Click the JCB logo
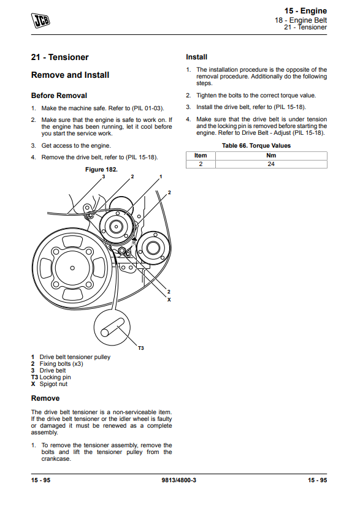40,20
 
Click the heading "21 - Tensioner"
59,58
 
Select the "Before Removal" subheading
59,96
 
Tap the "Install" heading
196,57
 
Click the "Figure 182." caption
101,170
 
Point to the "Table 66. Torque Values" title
256,146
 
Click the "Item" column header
201,156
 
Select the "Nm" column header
271,156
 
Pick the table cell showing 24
271,164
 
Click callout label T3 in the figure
141,349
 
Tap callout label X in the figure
169,300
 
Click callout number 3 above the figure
104,176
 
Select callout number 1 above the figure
161,176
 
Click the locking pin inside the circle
112,328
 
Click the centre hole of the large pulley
72,268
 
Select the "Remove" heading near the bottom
45,398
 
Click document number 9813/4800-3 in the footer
179,480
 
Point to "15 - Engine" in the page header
305,11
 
